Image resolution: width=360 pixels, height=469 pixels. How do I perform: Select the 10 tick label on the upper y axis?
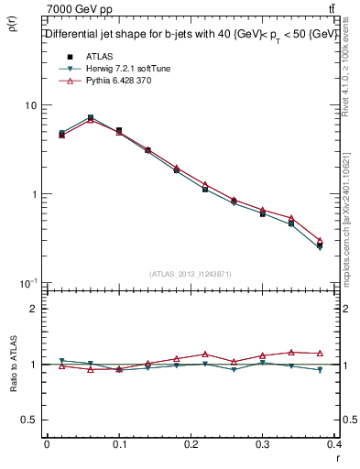(x=31, y=105)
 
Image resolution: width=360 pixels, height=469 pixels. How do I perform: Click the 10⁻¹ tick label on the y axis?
(x=27, y=282)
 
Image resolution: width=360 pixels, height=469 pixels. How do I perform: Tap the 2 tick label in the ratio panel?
(x=35, y=309)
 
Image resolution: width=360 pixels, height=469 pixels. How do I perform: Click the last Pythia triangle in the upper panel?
(x=320, y=240)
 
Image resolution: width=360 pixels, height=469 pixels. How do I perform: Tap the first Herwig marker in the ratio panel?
(x=61, y=361)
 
